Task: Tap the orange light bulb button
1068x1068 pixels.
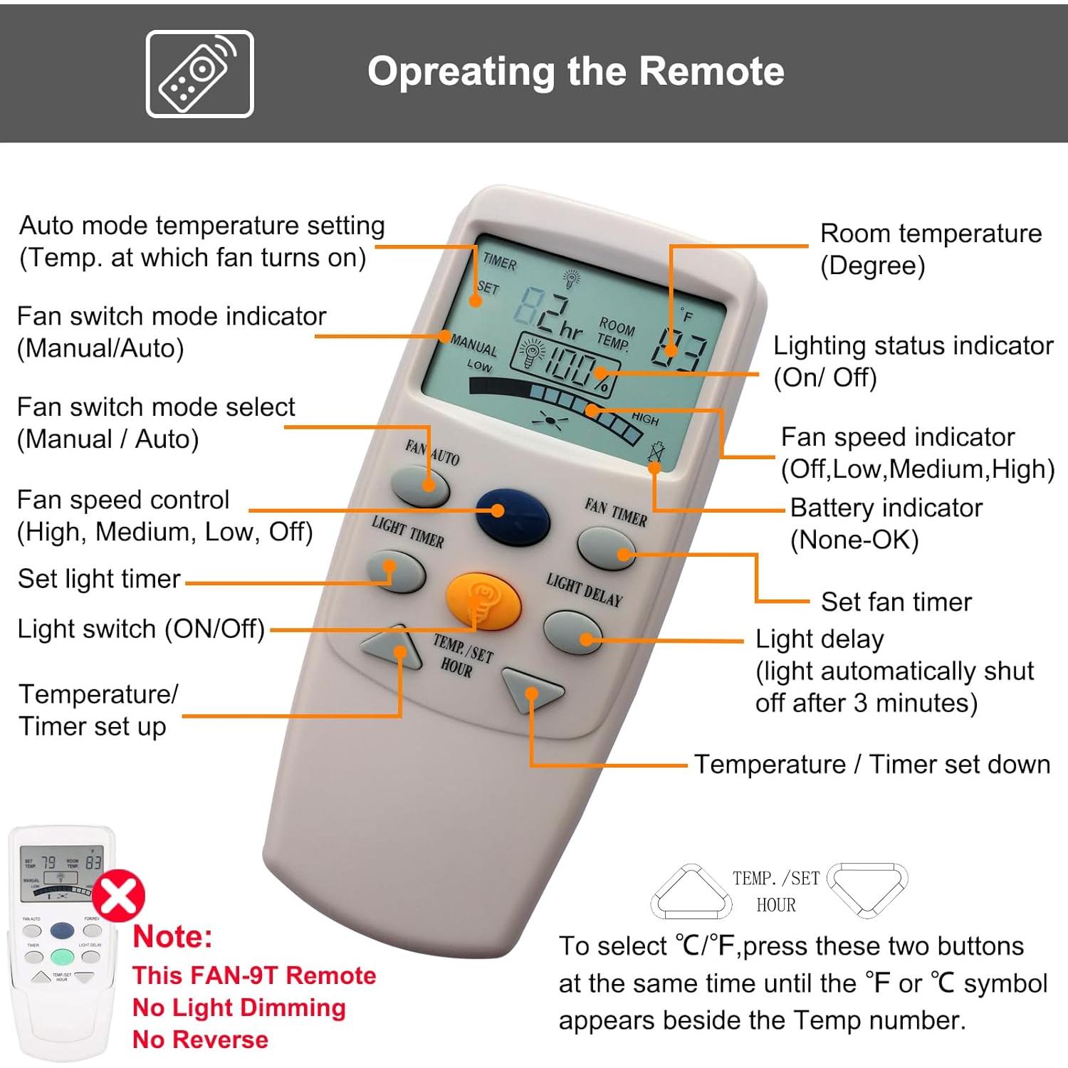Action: [x=483, y=600]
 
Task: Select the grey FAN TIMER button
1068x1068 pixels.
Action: [x=605, y=548]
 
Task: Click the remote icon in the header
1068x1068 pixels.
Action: [x=199, y=73]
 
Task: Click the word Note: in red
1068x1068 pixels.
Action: [x=173, y=936]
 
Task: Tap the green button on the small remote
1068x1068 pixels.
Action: [x=63, y=956]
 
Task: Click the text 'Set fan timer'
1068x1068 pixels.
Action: [x=896, y=602]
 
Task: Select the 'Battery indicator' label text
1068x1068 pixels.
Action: [x=886, y=508]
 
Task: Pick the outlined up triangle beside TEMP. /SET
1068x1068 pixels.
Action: [x=691, y=892]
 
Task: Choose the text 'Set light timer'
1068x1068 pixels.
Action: [x=99, y=579]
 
